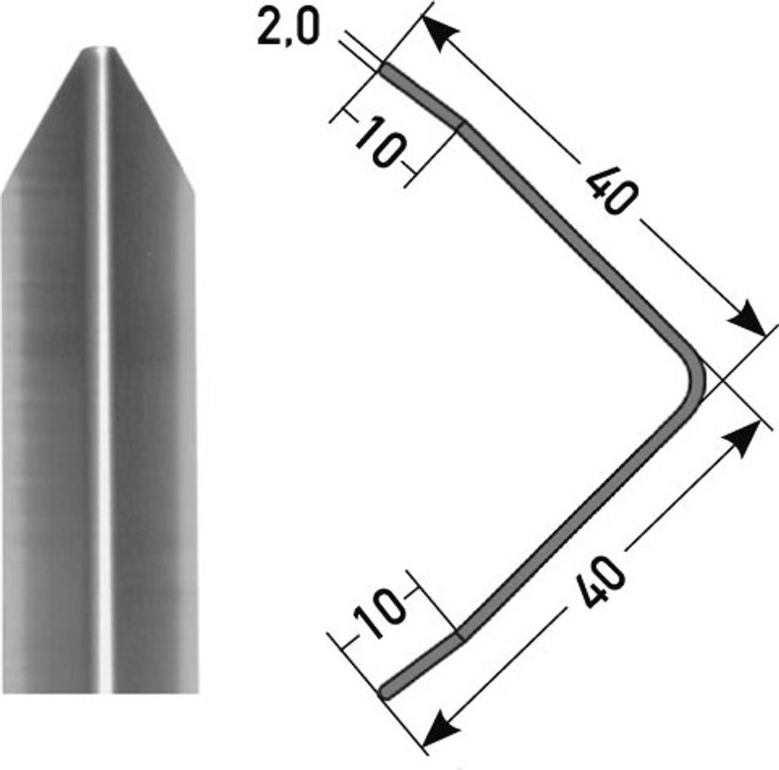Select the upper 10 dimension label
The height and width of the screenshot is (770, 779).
pyautogui.click(x=378, y=143)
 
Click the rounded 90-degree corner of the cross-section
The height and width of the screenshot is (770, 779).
pyautogui.click(x=695, y=378)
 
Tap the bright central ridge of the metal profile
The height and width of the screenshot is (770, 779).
pyautogui.click(x=103, y=381)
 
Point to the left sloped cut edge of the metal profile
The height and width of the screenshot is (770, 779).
pyautogui.click(x=42, y=122)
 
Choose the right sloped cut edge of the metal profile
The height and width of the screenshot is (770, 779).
pyautogui.click(x=156, y=122)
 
